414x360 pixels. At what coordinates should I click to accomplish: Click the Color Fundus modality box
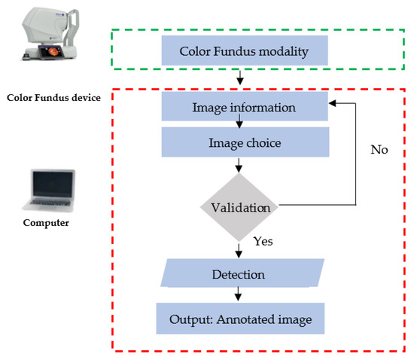click(x=244, y=52)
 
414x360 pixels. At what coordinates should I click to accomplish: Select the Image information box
click(x=244, y=108)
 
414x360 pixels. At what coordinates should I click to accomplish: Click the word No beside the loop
click(x=379, y=150)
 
